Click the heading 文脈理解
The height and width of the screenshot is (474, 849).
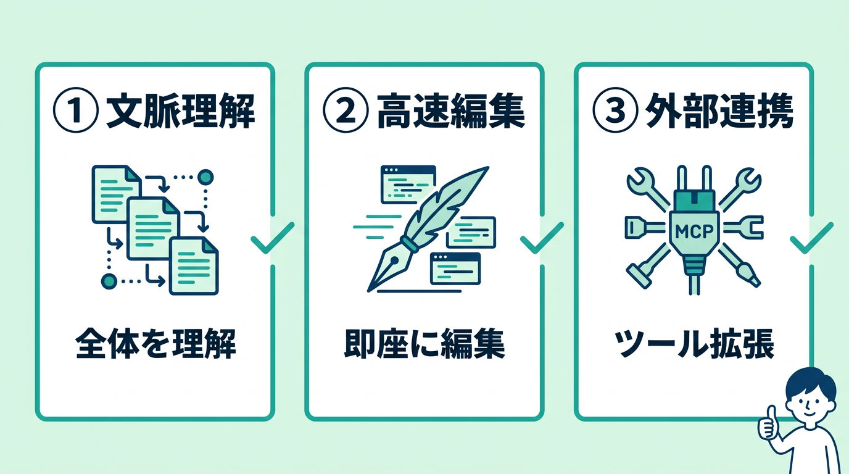click(180, 112)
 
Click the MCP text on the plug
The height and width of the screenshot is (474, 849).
click(694, 232)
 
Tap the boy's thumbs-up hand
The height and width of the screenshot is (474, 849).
click(768, 423)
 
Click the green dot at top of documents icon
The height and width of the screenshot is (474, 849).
click(205, 178)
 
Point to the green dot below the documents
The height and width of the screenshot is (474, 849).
click(109, 281)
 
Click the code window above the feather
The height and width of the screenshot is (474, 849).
click(408, 184)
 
